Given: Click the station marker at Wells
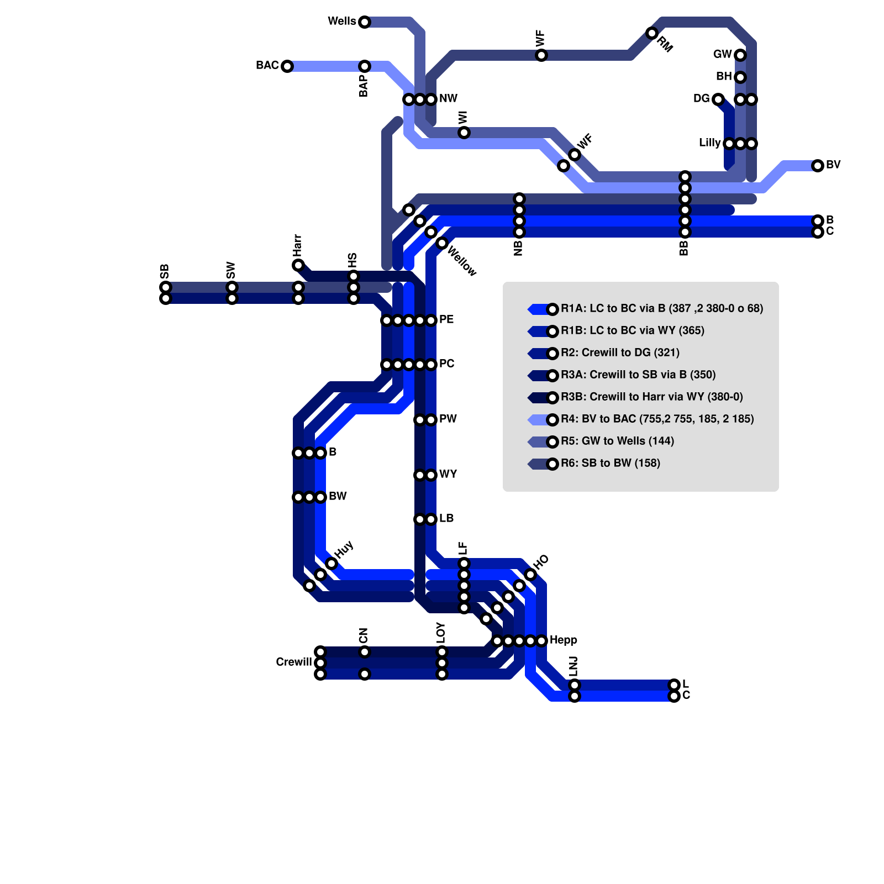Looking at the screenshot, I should click(364, 22).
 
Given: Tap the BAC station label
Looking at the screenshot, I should click(267, 66).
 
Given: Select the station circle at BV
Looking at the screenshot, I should click(818, 166).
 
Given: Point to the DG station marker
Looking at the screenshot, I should click(718, 99).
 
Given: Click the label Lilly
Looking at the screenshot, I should click(709, 143).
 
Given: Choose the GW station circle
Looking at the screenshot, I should click(740, 55).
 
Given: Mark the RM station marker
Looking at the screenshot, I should click(652, 33).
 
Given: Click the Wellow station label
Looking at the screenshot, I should click(461, 261).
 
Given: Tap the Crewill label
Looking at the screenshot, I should click(294, 662).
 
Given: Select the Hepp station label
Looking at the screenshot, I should click(564, 640).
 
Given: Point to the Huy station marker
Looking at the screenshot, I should click(331, 564).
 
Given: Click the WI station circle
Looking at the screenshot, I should click(464, 133).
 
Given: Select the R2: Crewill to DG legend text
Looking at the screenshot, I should click(620, 352).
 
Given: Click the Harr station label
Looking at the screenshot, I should click(297, 245).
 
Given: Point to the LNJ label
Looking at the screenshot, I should click(573, 666).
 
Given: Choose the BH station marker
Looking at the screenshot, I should click(740, 77).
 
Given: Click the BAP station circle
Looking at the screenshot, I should click(364, 66).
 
